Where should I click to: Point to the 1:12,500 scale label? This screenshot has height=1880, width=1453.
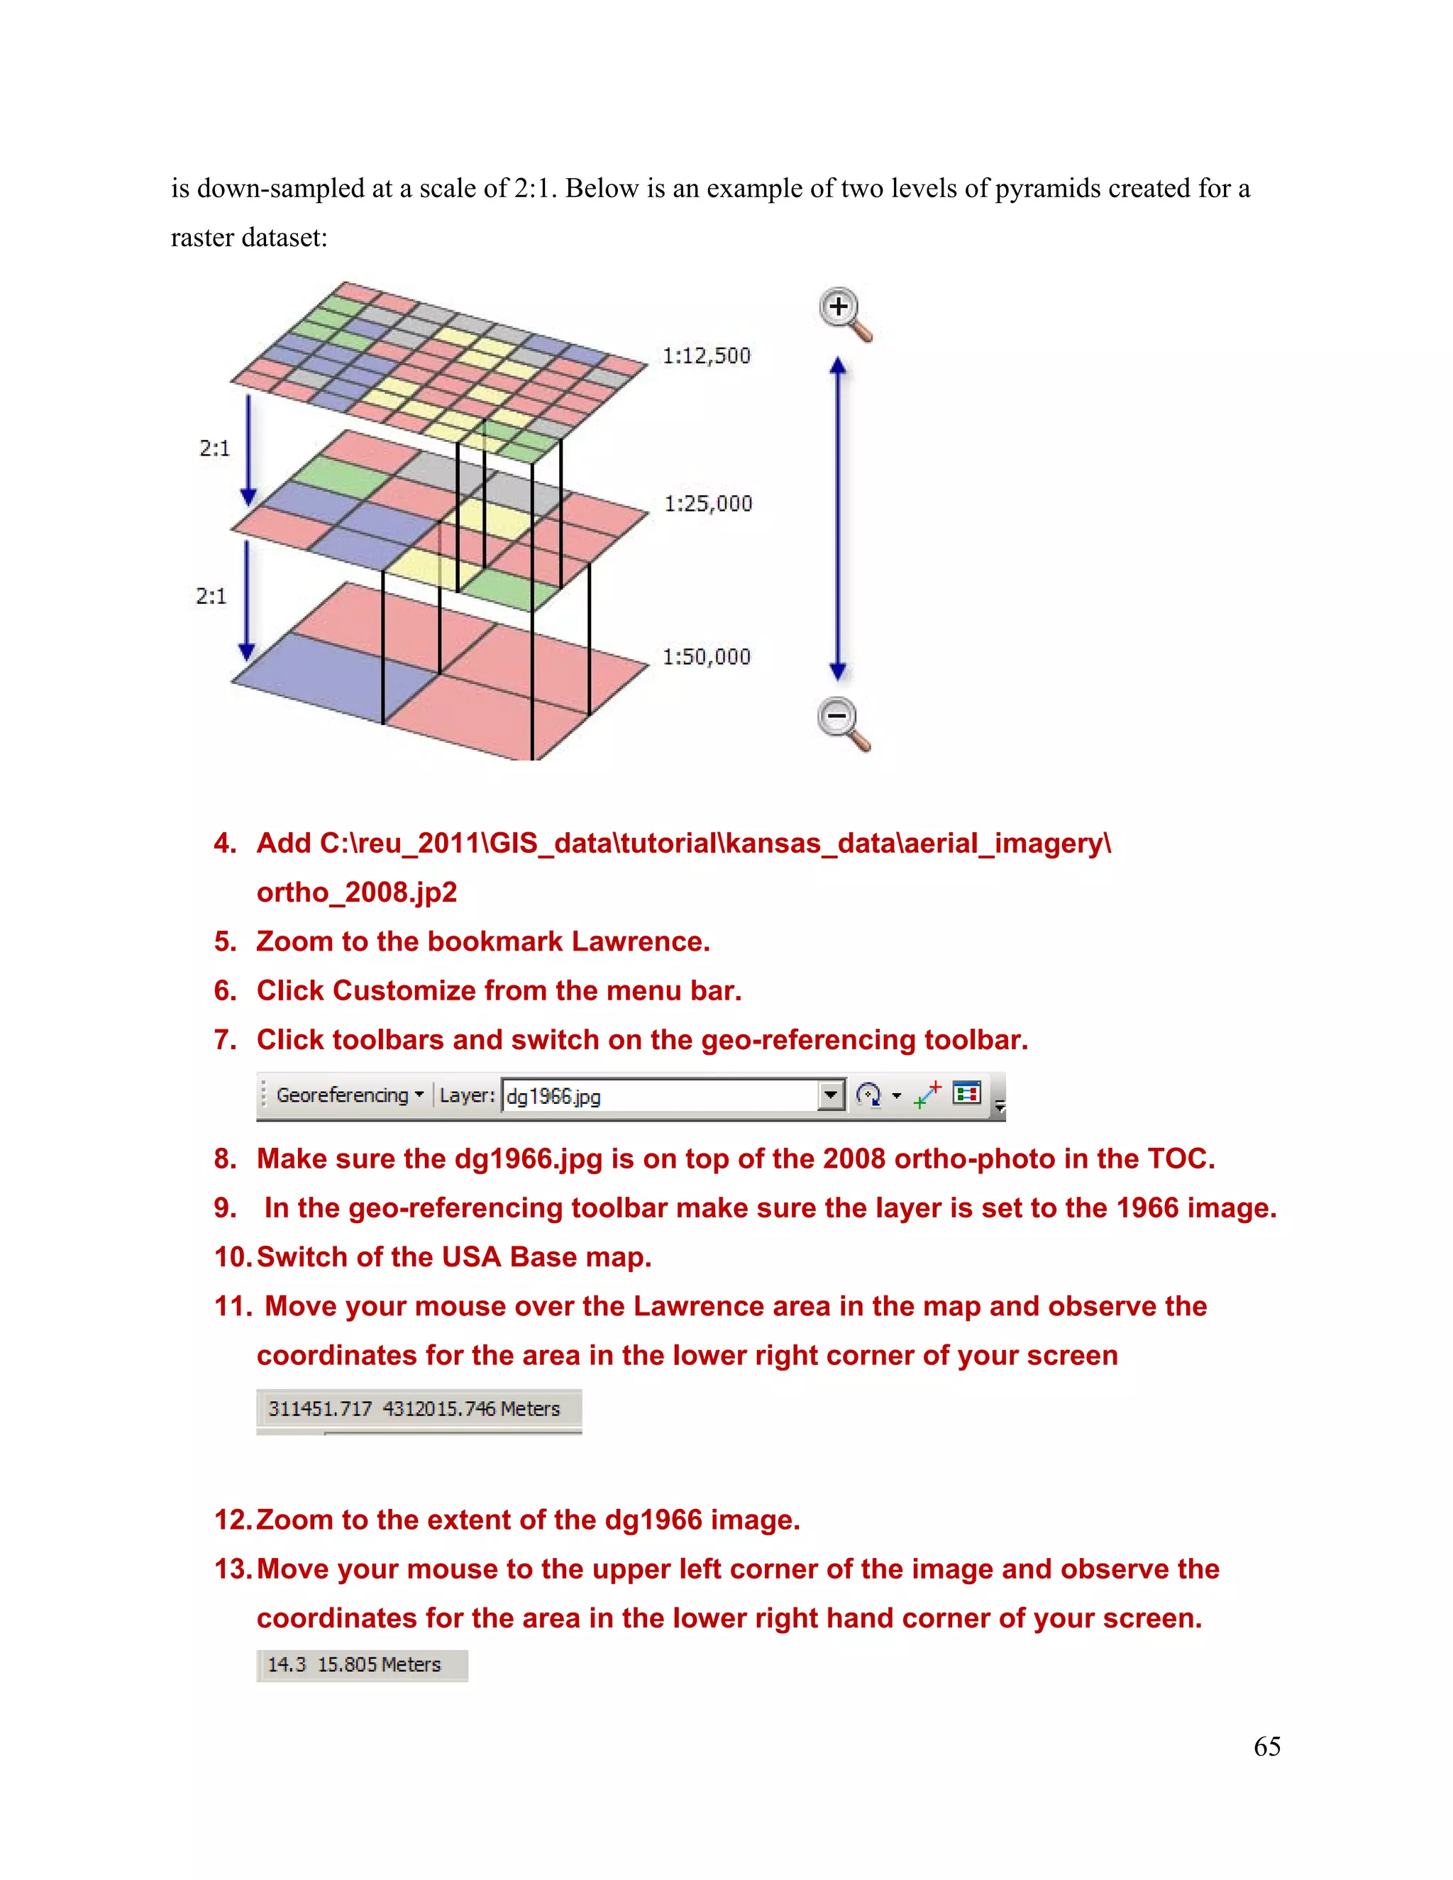pos(706,355)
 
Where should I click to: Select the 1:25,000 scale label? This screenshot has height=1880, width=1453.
pos(707,504)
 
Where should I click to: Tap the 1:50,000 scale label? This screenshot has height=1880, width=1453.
pos(706,657)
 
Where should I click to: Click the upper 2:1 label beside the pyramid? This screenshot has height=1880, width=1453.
pos(214,448)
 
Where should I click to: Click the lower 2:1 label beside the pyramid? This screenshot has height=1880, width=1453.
pos(211,597)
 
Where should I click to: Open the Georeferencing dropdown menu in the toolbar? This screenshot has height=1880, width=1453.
pos(350,1095)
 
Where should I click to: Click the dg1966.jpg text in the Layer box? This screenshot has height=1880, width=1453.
pos(553,1096)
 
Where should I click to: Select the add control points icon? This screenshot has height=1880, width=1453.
pos(927,1095)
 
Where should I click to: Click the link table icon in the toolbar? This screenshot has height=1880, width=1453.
pos(967,1093)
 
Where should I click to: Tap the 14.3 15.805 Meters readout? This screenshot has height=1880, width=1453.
pos(354,1665)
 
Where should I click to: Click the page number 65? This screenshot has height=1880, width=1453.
pos(1266,1747)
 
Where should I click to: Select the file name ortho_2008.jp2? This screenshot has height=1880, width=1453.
pos(356,892)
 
